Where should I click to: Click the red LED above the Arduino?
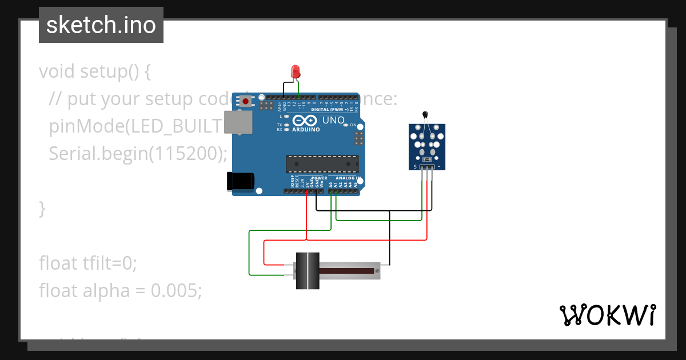pyautogui.click(x=296, y=72)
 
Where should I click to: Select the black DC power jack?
pyautogui.click(x=240, y=181)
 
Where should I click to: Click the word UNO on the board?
pyautogui.click(x=333, y=120)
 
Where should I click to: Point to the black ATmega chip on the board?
pyautogui.click(x=322, y=164)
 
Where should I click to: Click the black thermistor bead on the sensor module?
pyautogui.click(x=425, y=114)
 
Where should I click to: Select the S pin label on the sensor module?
pyautogui.click(x=416, y=167)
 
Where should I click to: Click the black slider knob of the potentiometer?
pyautogui.click(x=308, y=270)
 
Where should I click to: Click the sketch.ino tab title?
pyautogui.click(x=101, y=25)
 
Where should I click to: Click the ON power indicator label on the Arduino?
pyautogui.click(x=353, y=125)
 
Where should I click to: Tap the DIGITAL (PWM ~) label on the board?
pyautogui.click(x=330, y=109)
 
